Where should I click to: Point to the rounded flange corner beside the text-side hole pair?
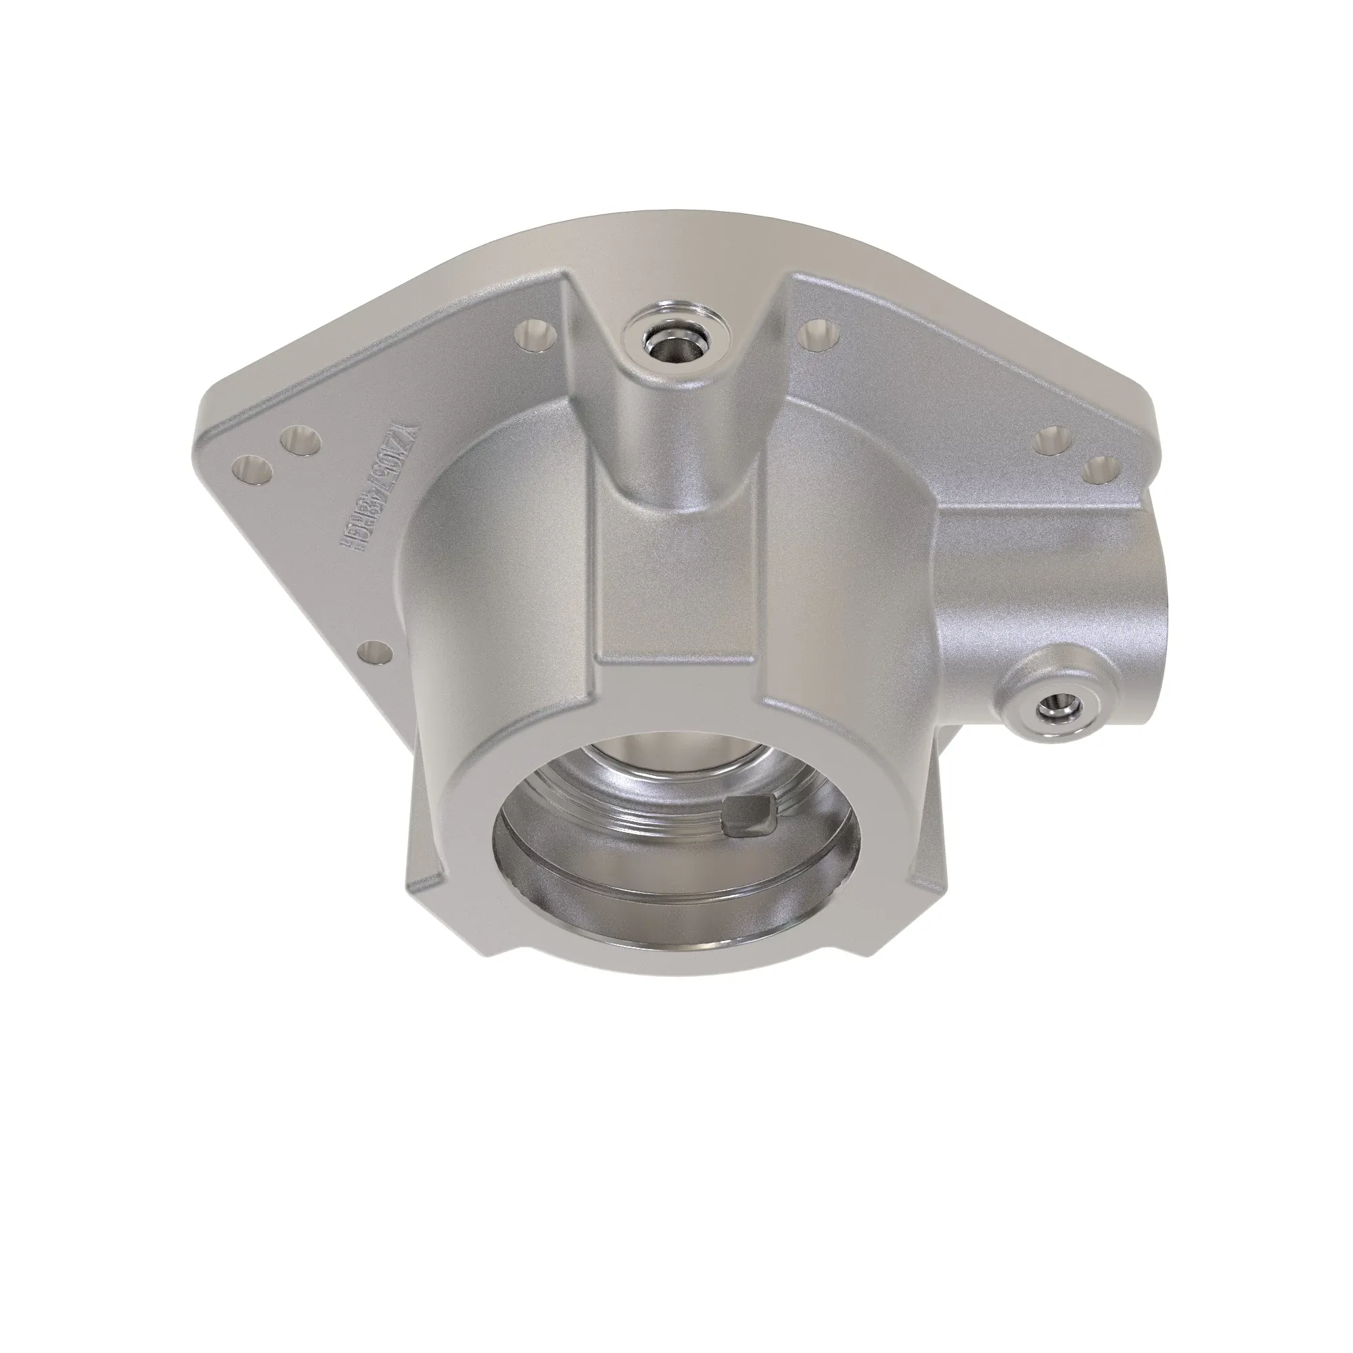(x=210, y=449)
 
